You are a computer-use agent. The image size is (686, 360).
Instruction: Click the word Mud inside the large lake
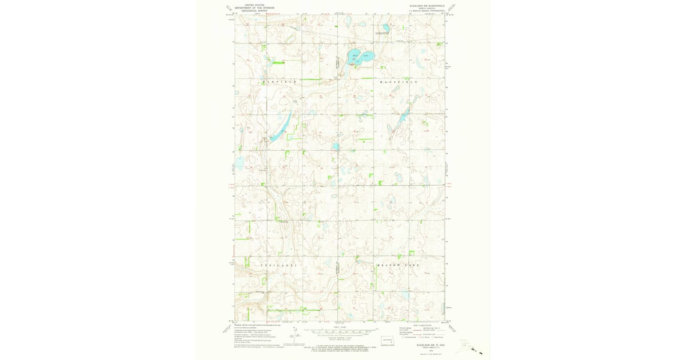pos(355,55)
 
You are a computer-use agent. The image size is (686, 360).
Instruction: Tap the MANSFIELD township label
pos(399,82)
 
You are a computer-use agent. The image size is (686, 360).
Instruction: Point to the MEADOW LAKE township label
pos(398,266)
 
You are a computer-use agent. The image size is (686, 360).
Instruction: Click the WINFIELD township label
pos(280,82)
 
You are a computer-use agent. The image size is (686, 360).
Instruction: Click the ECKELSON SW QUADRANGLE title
pos(422,7)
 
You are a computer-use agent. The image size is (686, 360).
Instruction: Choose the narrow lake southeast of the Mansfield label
pos(400,123)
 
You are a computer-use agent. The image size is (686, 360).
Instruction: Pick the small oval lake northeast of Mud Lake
pos(386,27)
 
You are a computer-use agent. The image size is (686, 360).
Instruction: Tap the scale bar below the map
pos(340,331)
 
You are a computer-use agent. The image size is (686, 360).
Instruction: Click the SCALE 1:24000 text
pos(340,326)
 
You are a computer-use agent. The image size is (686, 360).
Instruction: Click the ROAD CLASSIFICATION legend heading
pos(421,325)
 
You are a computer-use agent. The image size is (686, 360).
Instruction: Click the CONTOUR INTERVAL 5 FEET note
pos(340,338)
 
